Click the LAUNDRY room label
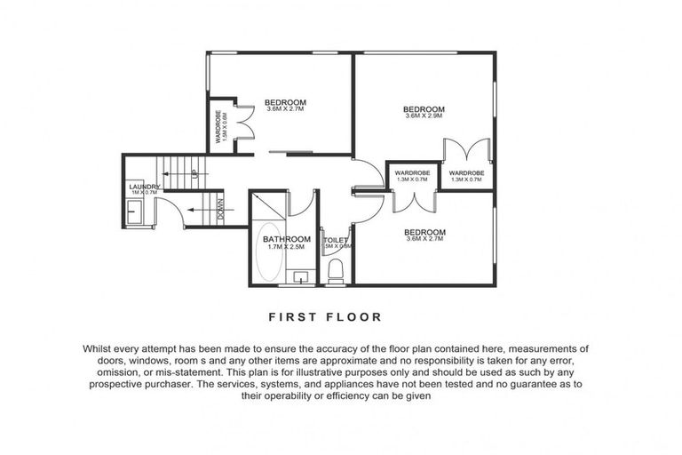(x=143, y=187)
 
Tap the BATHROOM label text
(x=286, y=239)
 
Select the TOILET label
(x=336, y=239)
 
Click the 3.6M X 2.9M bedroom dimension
(x=424, y=116)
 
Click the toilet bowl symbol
(x=336, y=269)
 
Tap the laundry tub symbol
(x=133, y=212)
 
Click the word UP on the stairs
(x=194, y=174)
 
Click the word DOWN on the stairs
(x=219, y=211)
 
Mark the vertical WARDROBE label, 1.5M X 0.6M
(x=220, y=127)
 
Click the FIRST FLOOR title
(x=324, y=316)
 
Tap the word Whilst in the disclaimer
(x=101, y=349)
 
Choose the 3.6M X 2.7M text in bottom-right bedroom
(x=424, y=238)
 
